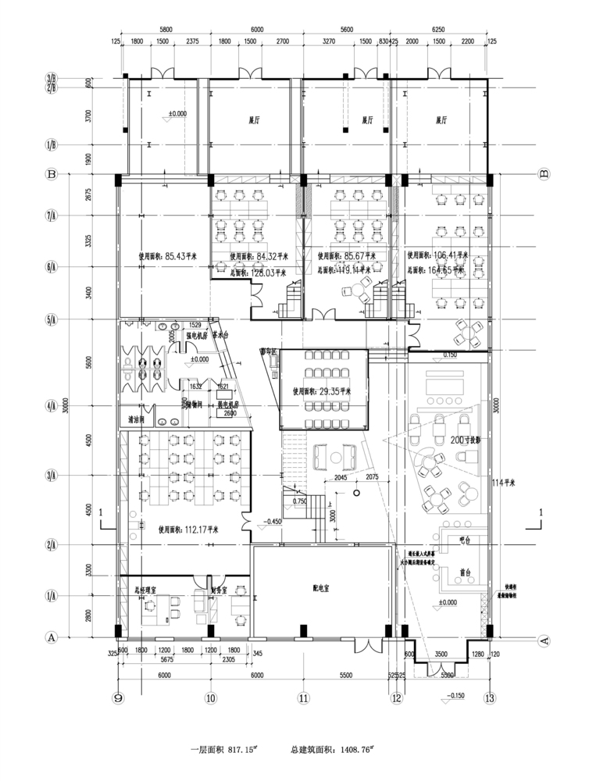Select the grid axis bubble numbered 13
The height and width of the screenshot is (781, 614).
pos(490,697)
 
